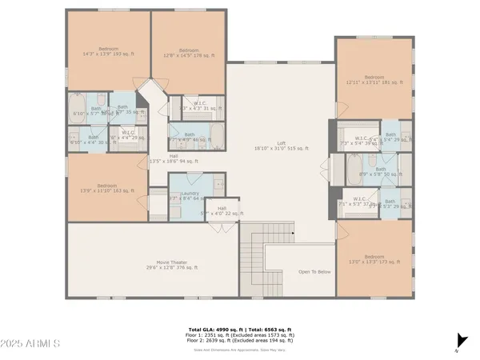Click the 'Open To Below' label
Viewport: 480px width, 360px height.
(x=314, y=271)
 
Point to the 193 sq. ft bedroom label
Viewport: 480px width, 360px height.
(x=107, y=51)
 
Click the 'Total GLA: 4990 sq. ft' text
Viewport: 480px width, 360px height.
(x=209, y=328)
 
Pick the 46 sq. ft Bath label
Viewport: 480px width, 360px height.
(x=190, y=138)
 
